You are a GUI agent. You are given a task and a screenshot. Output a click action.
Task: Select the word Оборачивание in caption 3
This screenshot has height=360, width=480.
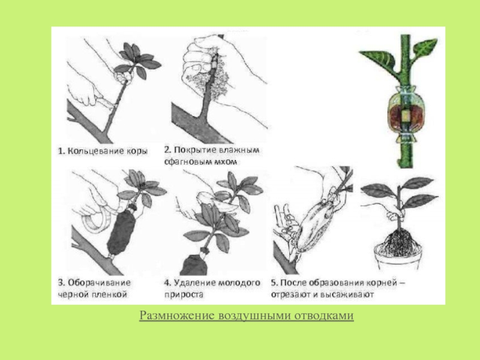tap(99, 283)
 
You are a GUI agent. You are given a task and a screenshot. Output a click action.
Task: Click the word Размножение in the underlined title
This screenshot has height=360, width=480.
tap(177, 316)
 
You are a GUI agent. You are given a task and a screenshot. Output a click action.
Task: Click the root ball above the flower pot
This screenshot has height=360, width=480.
tap(398, 241)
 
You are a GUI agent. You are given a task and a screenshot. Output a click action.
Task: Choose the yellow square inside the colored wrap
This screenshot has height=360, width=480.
tap(406, 116)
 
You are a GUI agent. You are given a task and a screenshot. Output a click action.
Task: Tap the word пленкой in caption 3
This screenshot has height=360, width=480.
tap(109, 295)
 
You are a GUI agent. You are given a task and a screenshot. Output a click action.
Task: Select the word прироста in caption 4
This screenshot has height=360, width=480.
tap(184, 295)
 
